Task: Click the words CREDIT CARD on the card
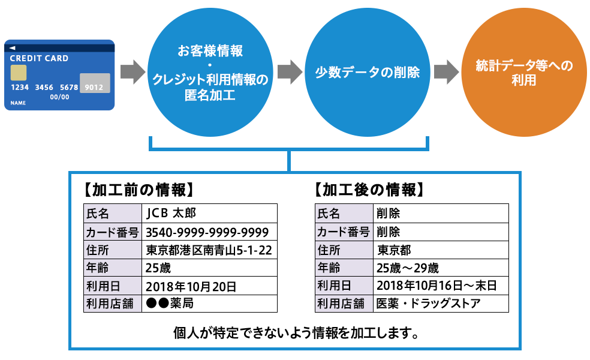(39, 59)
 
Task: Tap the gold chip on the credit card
(19, 73)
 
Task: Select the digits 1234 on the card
(20, 88)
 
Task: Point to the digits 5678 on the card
(69, 88)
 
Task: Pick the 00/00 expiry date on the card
(59, 97)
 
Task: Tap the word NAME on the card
(18, 103)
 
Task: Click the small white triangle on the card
(13, 47)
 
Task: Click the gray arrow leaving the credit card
(133, 72)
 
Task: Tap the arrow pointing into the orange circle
(446, 72)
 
